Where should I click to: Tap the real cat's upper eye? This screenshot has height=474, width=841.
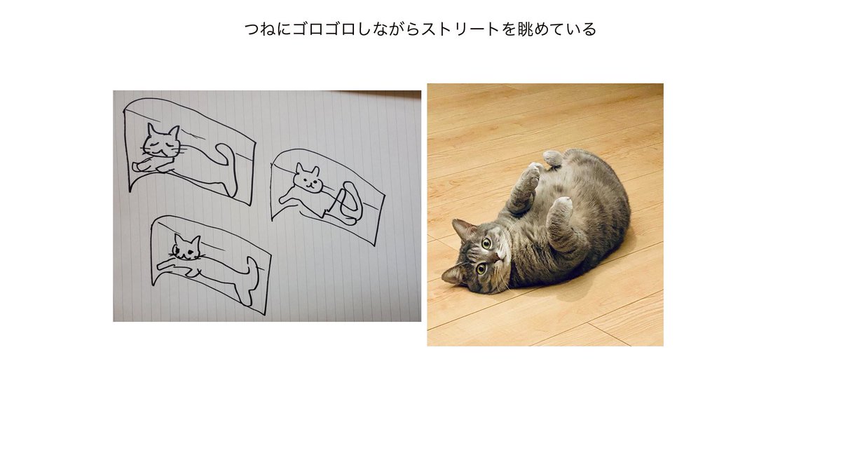(486, 243)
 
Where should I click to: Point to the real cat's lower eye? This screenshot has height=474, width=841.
(481, 268)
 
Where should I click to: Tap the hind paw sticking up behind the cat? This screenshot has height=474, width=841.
(553, 158)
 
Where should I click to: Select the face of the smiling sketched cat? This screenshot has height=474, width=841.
(308, 180)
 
